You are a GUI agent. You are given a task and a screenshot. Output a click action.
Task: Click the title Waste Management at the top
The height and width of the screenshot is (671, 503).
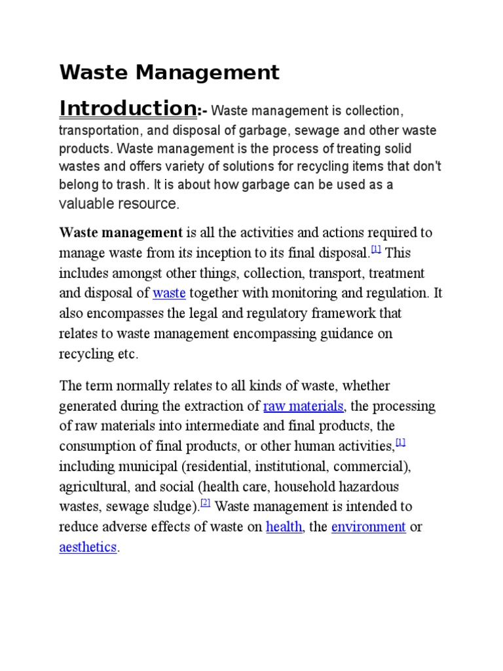[x=169, y=72]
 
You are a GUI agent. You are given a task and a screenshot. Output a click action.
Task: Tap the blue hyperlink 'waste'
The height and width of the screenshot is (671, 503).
[x=169, y=293]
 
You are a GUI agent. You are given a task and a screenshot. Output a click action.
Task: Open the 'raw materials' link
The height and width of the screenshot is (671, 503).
[x=303, y=406]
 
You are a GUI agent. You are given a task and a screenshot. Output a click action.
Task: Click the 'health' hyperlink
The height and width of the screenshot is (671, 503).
[x=284, y=527]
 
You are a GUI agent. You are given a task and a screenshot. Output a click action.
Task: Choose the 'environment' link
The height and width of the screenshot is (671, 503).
[x=368, y=527]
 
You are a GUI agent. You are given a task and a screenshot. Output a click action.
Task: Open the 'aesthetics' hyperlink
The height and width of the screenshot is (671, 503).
[x=88, y=547]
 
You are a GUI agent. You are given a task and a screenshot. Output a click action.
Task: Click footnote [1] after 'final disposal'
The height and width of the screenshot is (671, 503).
[x=376, y=250]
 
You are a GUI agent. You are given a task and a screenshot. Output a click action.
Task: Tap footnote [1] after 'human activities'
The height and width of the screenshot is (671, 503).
[x=401, y=443]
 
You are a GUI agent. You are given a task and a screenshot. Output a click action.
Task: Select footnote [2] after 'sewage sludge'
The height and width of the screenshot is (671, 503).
[x=205, y=503]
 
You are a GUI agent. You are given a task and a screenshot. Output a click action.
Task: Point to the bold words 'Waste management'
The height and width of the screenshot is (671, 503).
[x=121, y=233]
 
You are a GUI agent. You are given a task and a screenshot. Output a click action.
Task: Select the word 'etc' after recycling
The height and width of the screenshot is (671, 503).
[x=128, y=354]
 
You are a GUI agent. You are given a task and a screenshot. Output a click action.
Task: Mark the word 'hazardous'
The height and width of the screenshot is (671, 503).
[x=371, y=487]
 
